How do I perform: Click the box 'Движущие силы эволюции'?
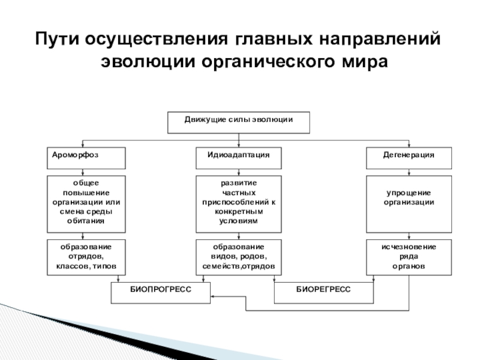tap(238, 122)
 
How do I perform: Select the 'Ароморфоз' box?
tap(86, 158)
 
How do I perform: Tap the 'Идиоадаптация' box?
tap(239, 158)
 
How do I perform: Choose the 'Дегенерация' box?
tap(409, 158)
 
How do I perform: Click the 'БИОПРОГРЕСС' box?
tap(161, 292)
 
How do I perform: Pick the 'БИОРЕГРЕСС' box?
tap(324, 292)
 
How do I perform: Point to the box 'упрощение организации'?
tap(409, 204)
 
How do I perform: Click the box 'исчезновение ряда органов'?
tap(409, 257)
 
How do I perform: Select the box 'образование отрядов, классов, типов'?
tap(86, 257)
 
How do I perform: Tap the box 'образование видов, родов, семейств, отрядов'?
tap(239, 257)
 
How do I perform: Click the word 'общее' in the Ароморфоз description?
tap(86, 182)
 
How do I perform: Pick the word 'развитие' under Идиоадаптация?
tap(239, 182)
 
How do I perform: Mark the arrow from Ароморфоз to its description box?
tap(86, 172)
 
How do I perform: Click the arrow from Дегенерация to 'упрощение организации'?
tap(409, 172)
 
